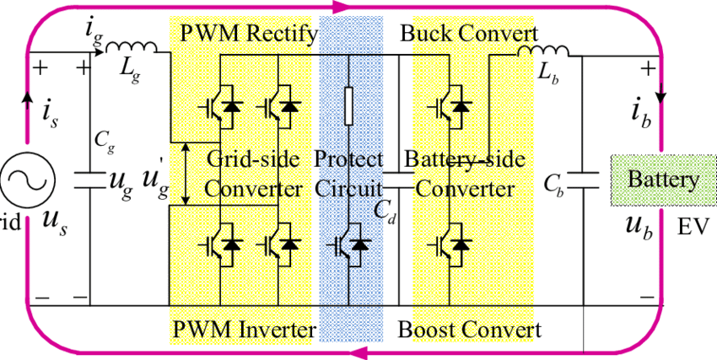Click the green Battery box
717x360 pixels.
[x=663, y=180]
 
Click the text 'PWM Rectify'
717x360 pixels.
[x=248, y=34]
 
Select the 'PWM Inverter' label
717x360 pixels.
[x=245, y=329]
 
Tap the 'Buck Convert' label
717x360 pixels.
[x=469, y=34]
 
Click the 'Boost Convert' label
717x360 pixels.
[x=469, y=329]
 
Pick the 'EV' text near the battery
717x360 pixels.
[x=689, y=228]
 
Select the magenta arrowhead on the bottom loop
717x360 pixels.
[x=358, y=352]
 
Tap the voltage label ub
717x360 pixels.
[x=640, y=226]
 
